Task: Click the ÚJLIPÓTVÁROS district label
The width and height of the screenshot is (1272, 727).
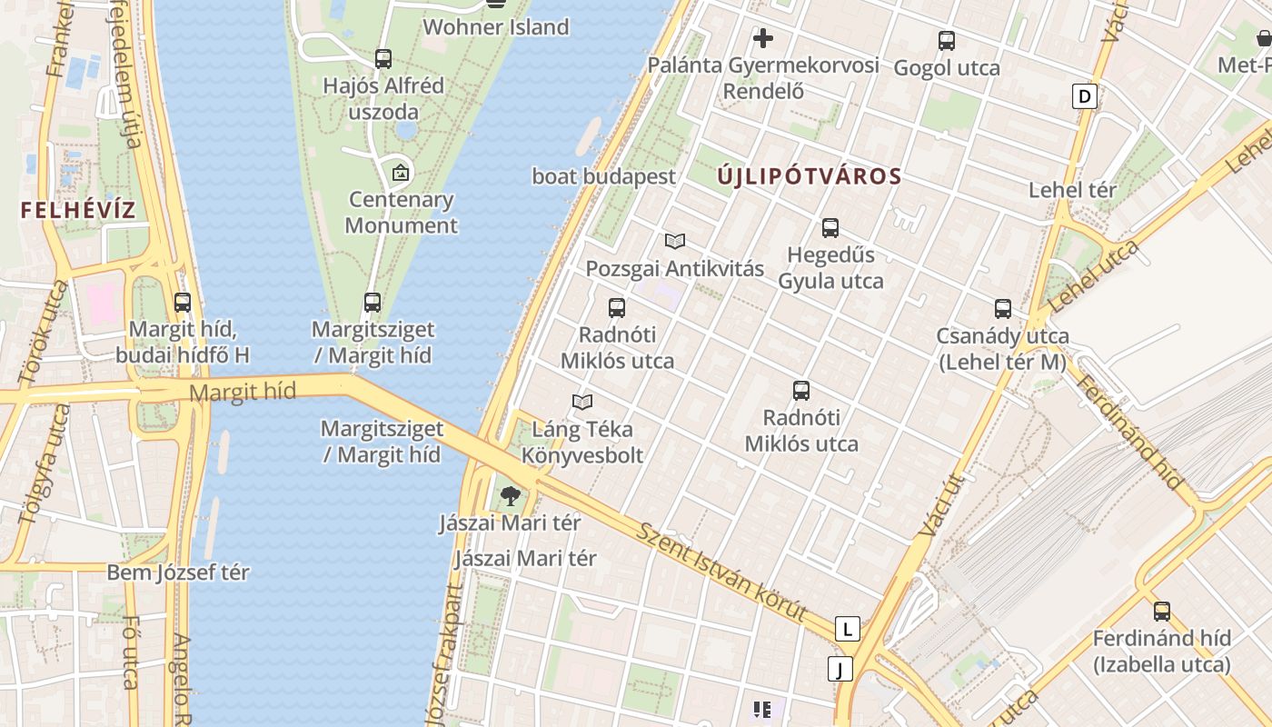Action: pyautogui.click(x=810, y=176)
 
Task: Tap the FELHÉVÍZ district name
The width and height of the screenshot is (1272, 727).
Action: pyautogui.click(x=78, y=211)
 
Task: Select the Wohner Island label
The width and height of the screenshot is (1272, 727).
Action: pyautogui.click(x=496, y=27)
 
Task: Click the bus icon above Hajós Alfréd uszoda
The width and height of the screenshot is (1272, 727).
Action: pyautogui.click(x=383, y=59)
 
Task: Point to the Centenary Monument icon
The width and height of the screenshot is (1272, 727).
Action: pyautogui.click(x=401, y=172)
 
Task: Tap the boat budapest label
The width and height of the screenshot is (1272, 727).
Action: pyautogui.click(x=604, y=176)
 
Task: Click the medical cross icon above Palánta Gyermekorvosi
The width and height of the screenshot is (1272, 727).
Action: pyautogui.click(x=763, y=38)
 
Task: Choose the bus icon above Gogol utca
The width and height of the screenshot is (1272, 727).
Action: pyautogui.click(x=947, y=41)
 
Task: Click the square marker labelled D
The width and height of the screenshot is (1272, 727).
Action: pyautogui.click(x=1084, y=95)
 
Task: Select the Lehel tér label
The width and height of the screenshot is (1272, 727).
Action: pyautogui.click(x=1072, y=190)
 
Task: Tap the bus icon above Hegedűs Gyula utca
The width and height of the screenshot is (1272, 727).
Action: pyautogui.click(x=830, y=228)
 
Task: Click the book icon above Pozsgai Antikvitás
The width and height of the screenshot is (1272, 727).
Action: pyautogui.click(x=674, y=241)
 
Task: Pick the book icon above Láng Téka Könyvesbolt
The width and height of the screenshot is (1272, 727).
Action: pyautogui.click(x=582, y=402)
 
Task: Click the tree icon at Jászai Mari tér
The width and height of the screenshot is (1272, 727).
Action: pyautogui.click(x=511, y=496)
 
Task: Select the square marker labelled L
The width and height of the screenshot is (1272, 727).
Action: pyautogui.click(x=848, y=628)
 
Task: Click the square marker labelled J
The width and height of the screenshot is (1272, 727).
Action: pyautogui.click(x=841, y=670)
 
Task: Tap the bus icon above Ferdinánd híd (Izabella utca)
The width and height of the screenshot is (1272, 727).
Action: pyautogui.click(x=1161, y=612)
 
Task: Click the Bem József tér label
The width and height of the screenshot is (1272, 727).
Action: pyautogui.click(x=178, y=573)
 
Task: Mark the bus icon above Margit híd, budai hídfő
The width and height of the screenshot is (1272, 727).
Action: pyautogui.click(x=183, y=303)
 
